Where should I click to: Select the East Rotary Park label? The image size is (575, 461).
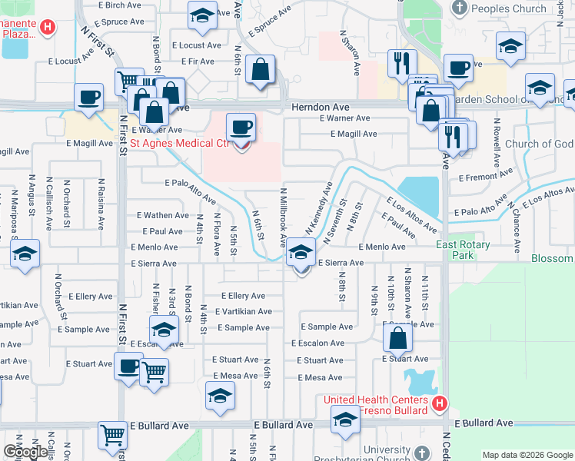463,250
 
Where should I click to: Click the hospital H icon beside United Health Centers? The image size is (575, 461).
439,403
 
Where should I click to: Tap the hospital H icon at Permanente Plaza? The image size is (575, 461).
48,28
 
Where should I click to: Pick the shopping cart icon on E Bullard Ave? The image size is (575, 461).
112,436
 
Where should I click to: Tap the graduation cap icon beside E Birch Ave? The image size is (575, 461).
202,15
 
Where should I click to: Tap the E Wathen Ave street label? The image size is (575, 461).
162,216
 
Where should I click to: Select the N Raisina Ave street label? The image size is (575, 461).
101,204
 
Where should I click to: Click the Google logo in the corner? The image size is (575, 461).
25,453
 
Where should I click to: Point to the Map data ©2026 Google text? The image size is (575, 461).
527,455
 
